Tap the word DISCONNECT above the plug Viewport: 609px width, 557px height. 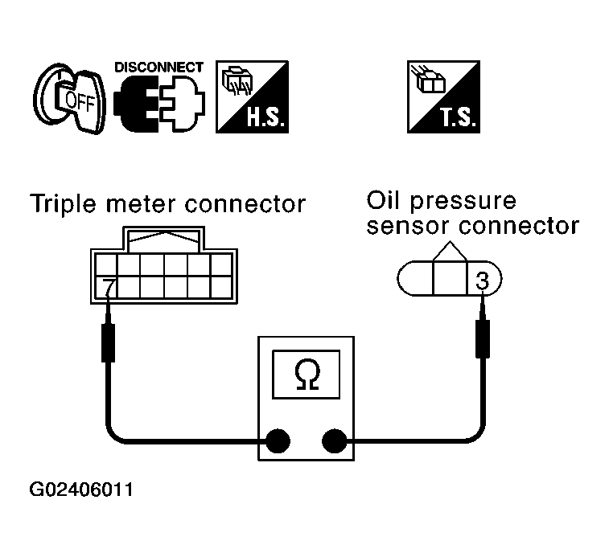[x=159, y=68]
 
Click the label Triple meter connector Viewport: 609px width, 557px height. [x=167, y=204]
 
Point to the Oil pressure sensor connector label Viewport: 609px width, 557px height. [x=472, y=213]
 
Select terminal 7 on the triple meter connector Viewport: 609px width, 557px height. [x=106, y=285]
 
